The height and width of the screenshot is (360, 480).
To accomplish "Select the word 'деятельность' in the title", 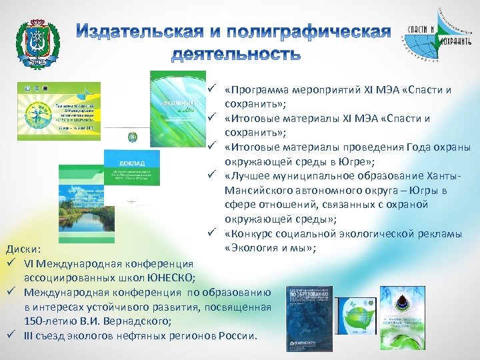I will [236, 53].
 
